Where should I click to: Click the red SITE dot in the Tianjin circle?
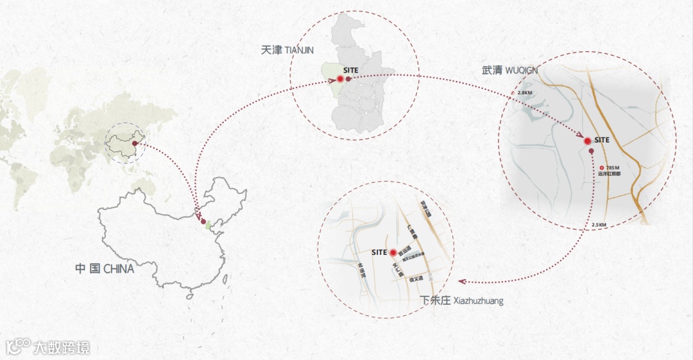click(x=340, y=80)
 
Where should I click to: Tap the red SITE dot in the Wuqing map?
click(x=586, y=141)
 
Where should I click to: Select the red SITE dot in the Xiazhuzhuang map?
click(x=392, y=253)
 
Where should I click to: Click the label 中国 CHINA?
click(x=104, y=269)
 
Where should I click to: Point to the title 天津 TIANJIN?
click(x=291, y=50)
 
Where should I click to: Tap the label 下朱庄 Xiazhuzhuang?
click(x=461, y=300)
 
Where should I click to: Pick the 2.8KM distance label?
click(x=524, y=94)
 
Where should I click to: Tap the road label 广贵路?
click(x=413, y=232)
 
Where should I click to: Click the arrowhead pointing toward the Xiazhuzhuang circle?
click(x=461, y=281)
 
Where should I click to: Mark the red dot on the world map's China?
click(x=134, y=144)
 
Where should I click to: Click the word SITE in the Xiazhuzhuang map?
click(x=379, y=253)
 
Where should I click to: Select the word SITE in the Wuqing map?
click(x=602, y=139)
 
